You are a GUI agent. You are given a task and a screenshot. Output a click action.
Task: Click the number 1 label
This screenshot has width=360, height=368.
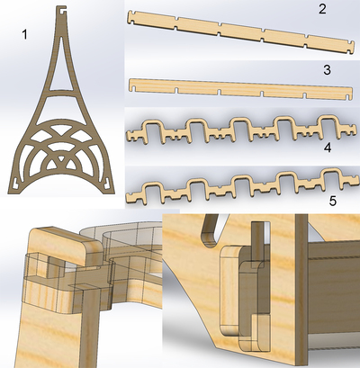click(x=24, y=35)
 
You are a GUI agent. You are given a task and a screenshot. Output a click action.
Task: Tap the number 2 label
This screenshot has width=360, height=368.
click(x=322, y=9)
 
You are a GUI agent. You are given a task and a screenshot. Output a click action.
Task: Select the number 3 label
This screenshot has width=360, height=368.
click(x=327, y=69)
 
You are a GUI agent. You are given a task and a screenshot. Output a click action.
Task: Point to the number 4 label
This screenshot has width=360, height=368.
click(x=328, y=148)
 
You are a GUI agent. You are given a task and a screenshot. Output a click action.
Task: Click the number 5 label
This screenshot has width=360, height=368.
click(x=333, y=201)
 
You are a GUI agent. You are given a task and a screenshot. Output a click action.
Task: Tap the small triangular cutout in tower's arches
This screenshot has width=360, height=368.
click(x=61, y=158)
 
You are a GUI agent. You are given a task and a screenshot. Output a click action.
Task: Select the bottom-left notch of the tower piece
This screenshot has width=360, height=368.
click(x=16, y=182)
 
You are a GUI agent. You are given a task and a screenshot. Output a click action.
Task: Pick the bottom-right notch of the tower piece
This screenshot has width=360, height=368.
click(x=106, y=182)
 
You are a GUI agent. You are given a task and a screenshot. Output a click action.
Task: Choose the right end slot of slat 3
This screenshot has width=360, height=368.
click(x=348, y=97)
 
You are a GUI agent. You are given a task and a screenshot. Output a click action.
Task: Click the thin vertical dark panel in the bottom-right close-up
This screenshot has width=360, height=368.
click(x=301, y=289)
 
